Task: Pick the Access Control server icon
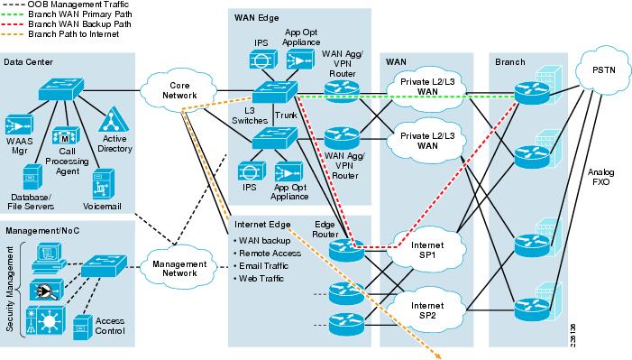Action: [x=84, y=323]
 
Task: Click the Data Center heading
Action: [x=28, y=61]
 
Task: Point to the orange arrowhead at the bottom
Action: [x=441, y=355]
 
